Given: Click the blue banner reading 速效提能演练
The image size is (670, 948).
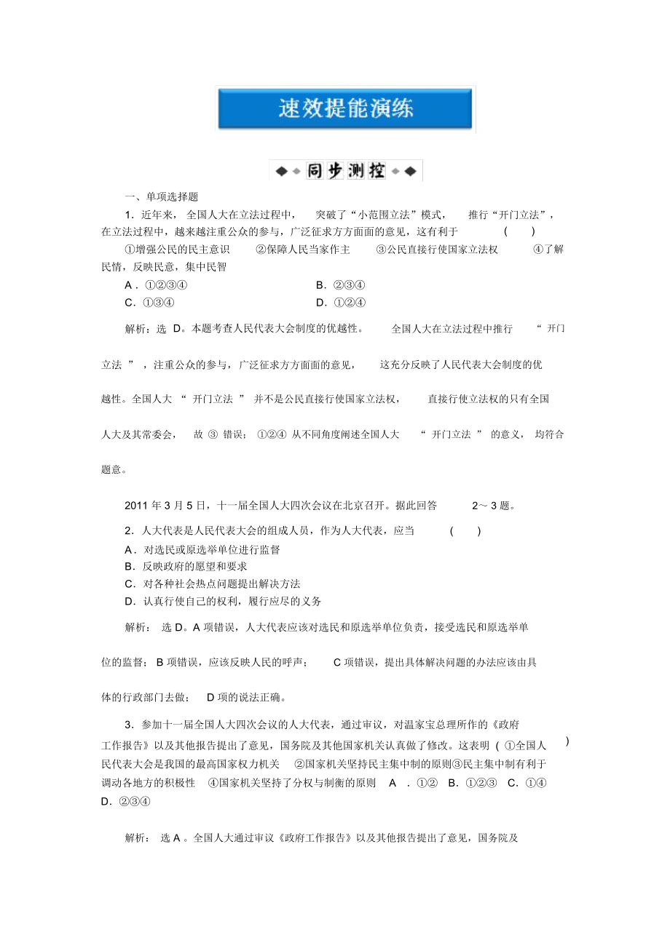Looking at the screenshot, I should pyautogui.click(x=346, y=109).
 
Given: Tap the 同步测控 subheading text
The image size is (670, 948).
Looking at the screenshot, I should pyautogui.click(x=346, y=172).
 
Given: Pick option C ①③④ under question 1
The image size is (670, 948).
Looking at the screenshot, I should pyautogui.click(x=150, y=303).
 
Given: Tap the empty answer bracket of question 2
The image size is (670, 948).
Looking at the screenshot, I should pyautogui.click(x=465, y=531).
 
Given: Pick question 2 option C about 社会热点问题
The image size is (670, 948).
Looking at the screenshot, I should pyautogui.click(x=212, y=584).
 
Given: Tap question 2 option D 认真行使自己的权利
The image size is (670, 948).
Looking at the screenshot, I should pyautogui.click(x=223, y=602).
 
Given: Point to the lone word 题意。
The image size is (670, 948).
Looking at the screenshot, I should pyautogui.click(x=116, y=470).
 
